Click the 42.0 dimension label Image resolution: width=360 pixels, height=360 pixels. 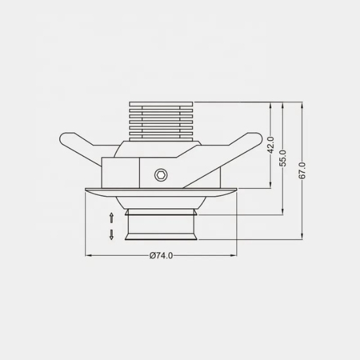tap(271, 145)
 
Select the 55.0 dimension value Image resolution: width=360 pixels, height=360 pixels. tap(283, 158)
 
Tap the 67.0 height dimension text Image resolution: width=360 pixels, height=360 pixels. tap(302, 171)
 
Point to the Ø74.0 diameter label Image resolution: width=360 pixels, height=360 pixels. tap(161, 255)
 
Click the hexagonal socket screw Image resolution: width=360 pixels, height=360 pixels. tap(161, 175)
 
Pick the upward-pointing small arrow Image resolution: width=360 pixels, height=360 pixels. tap(111, 218)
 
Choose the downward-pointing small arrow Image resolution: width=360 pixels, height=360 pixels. tap(111, 234)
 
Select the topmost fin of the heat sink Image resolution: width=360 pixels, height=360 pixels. tap(161, 104)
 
